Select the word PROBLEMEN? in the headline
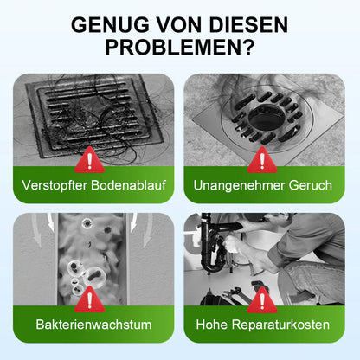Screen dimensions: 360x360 click(x=180, y=50)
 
